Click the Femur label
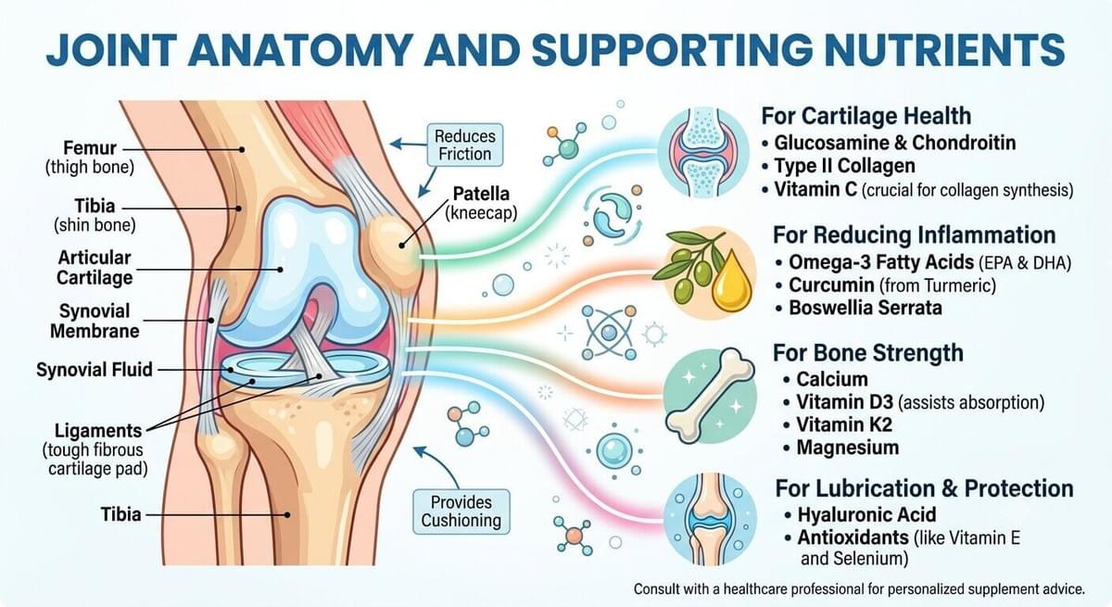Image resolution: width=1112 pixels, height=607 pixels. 90,148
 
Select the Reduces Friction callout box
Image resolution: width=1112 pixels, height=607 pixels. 464,145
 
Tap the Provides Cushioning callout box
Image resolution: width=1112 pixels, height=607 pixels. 461,512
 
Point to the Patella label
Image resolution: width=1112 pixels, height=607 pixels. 481,193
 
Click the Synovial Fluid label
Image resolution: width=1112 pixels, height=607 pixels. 95,370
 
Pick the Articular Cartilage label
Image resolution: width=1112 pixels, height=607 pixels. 95,268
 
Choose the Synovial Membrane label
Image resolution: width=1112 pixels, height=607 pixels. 95,321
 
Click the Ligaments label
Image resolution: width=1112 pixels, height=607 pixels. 98,430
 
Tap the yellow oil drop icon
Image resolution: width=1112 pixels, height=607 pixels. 731,282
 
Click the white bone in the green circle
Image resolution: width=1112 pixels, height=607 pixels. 710,395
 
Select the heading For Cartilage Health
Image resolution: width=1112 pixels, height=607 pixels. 866,116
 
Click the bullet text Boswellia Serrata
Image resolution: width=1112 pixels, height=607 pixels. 866,308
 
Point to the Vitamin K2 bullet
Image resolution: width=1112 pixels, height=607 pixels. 844,424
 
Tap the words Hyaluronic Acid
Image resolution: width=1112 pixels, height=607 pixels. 866,514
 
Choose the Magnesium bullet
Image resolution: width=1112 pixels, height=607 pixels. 848,448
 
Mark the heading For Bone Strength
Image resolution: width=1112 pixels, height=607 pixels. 868,353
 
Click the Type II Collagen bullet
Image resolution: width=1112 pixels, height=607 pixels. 845,166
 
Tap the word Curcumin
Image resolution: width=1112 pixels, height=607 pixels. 831,285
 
